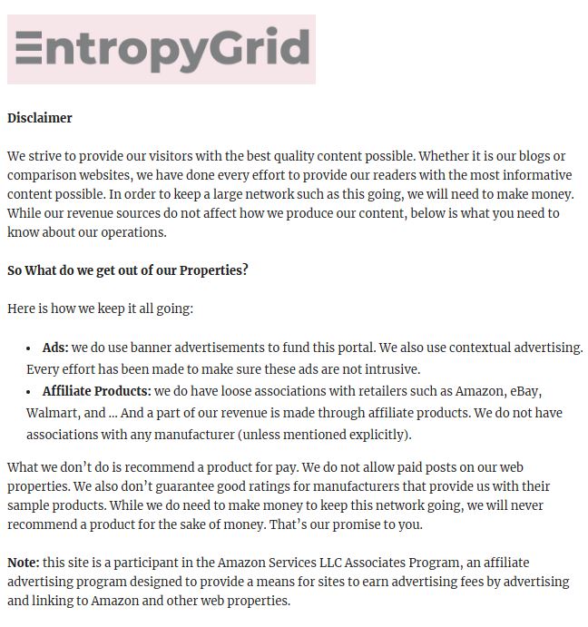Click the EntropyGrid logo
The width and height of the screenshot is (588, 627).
pyautogui.click(x=162, y=49)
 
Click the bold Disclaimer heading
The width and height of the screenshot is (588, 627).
pyautogui.click(x=40, y=118)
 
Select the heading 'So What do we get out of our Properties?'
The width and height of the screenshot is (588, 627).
pyautogui.click(x=128, y=270)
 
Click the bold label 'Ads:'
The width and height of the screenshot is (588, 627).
pyautogui.click(x=55, y=348)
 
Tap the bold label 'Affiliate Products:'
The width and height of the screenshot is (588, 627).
pyautogui.click(x=96, y=391)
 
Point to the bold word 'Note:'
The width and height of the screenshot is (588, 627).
pyautogui.click(x=24, y=563)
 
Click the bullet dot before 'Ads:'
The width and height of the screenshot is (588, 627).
pyautogui.click(x=30, y=348)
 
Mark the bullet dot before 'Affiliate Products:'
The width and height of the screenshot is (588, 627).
pyautogui.click(x=30, y=392)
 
